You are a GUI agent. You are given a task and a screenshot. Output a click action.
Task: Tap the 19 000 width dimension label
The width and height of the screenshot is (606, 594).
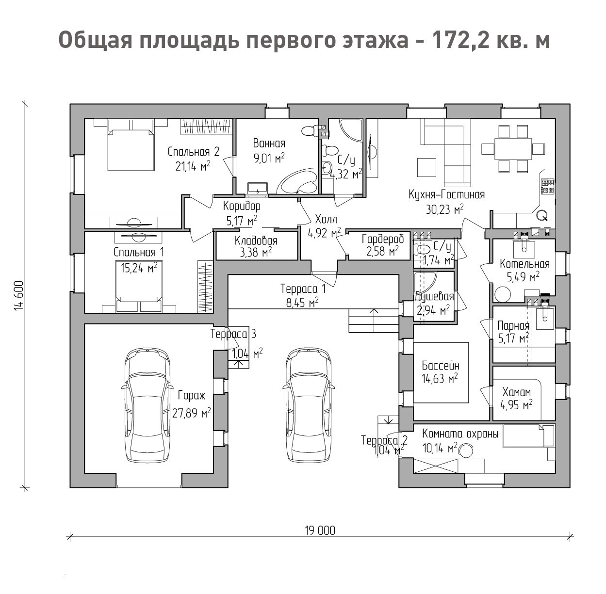coord(320,531)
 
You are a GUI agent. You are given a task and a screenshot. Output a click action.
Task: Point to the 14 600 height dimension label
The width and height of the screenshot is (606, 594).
coord(19,295)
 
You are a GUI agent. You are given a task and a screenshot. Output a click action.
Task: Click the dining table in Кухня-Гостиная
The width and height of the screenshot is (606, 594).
coord(513,149)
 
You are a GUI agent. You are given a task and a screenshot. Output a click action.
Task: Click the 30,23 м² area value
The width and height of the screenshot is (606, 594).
coord(444,209)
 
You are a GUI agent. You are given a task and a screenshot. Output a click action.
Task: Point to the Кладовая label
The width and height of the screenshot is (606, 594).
coord(256,241)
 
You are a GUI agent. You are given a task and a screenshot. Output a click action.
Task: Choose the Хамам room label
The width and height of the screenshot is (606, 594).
coord(516,392)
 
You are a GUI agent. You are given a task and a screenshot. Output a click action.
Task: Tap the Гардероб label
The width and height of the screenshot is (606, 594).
coord(383,240)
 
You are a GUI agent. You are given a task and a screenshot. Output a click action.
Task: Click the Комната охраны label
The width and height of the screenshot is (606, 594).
coord(460,433)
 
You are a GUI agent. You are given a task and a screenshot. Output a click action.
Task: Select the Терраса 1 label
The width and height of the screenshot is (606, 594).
coord(303,289)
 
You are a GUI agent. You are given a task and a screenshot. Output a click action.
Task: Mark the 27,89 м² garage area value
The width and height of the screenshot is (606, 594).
coord(192,413)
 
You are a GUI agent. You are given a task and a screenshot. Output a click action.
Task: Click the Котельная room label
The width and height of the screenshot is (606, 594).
coord(524,264)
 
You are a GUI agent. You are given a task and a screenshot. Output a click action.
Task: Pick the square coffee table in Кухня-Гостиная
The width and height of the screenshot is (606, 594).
coord(426,167)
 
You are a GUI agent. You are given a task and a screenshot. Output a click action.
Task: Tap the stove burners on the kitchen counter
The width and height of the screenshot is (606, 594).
coord(547,186)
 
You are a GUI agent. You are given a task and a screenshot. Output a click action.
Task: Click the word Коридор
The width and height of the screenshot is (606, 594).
coord(242,207)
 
